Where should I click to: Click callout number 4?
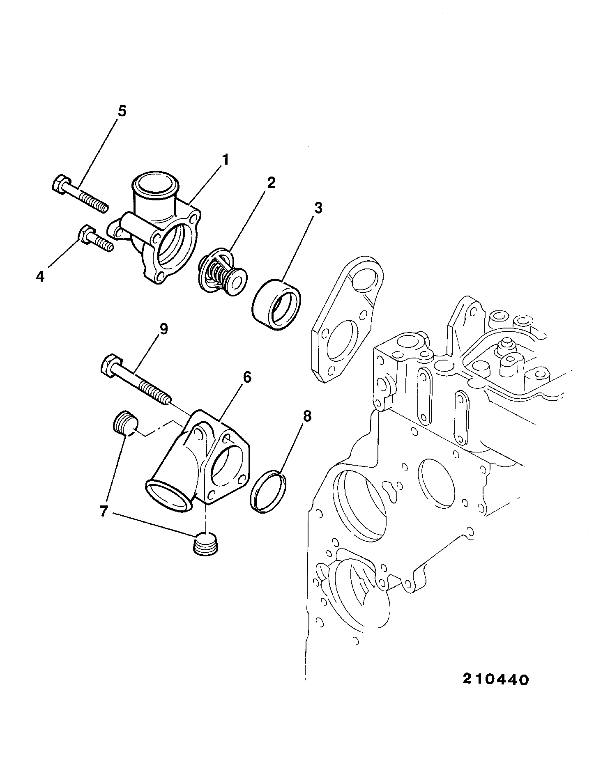pos(40,277)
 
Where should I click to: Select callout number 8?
pos(307,417)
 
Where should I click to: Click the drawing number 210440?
pos(495,680)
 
